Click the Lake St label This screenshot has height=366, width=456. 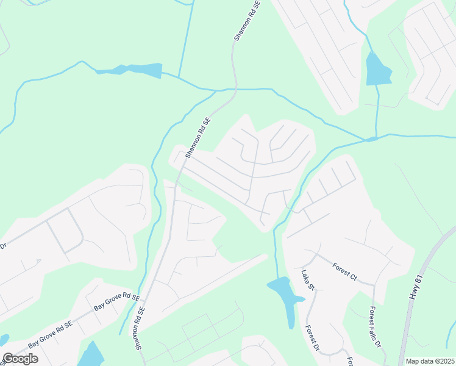[307, 280]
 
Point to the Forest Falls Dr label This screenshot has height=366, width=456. [374, 327]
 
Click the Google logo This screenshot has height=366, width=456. [20, 359]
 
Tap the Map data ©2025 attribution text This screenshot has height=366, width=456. [430, 361]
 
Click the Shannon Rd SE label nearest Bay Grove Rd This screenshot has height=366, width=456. [138, 329]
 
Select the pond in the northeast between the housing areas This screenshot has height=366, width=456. [377, 70]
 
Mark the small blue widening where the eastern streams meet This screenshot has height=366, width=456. [371, 139]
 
